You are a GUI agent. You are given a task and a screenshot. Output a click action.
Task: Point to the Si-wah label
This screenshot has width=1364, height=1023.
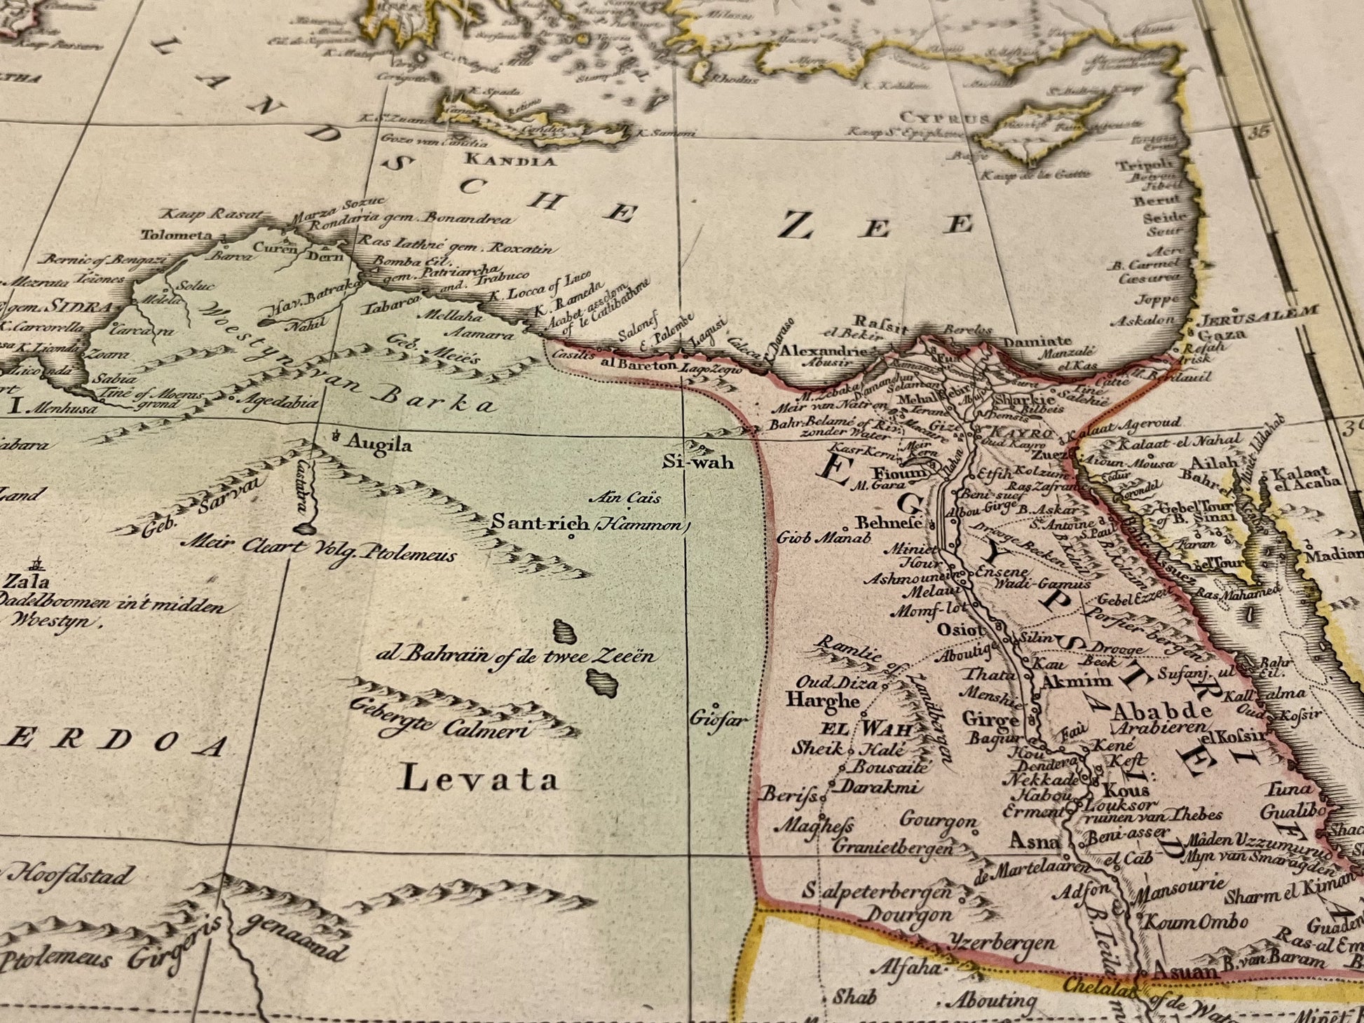click(698, 462)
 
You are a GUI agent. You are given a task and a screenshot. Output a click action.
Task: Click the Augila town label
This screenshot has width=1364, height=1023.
click(378, 444)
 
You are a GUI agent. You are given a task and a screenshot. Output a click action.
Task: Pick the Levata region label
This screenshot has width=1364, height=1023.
click(479, 780)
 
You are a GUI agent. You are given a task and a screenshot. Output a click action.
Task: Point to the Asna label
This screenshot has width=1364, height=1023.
click(1035, 840)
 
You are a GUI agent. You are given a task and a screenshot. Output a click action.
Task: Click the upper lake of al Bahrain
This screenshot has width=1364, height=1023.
click(564, 631)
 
